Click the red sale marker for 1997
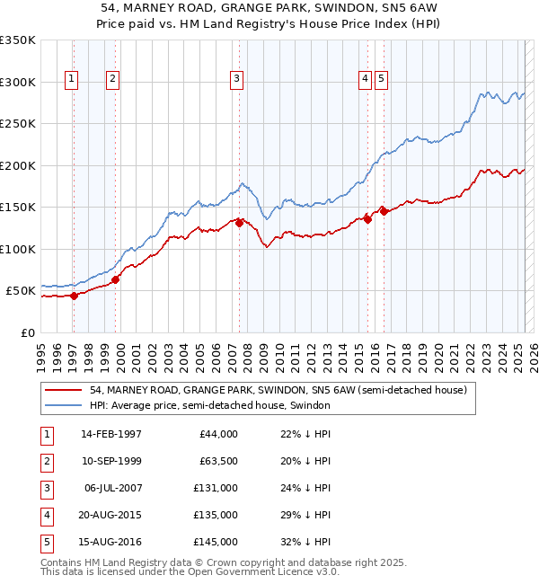[x=75, y=296]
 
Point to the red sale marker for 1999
[x=116, y=279]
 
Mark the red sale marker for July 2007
[x=240, y=224]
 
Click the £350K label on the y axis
[x=18, y=40]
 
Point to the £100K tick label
[x=18, y=250]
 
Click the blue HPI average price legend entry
[x=209, y=406]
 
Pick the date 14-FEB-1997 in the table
[x=111, y=434]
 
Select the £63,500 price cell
[x=217, y=461]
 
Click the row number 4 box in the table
[x=46, y=515]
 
